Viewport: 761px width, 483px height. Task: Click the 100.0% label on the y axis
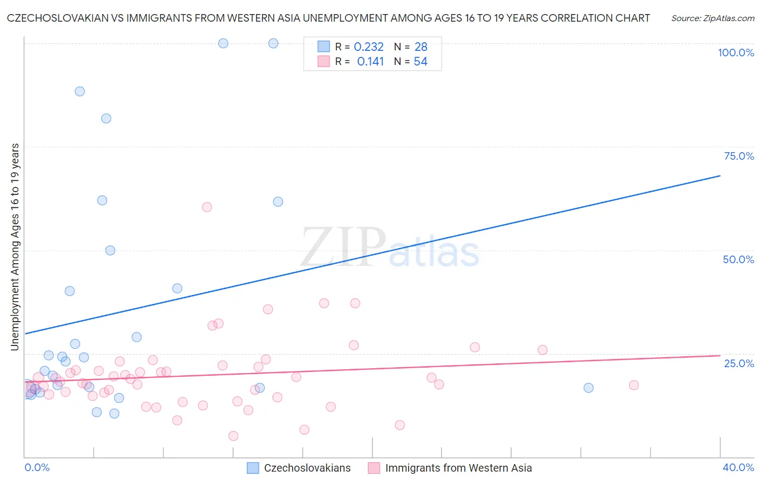point(736,53)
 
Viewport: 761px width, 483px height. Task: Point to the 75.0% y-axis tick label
point(739,156)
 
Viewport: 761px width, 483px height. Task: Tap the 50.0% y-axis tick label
point(738,259)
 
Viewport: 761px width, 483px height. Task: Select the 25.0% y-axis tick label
point(739,363)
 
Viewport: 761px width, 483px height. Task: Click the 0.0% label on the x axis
point(37,467)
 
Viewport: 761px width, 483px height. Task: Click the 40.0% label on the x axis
point(738,467)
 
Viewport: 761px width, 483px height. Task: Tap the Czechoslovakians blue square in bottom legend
point(253,468)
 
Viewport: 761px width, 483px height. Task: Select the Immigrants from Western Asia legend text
point(458,468)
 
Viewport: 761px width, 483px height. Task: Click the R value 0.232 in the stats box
point(369,47)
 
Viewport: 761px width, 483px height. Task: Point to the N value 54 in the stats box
point(421,62)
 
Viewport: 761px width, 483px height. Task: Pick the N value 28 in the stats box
point(421,47)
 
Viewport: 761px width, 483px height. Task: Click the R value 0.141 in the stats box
point(370,62)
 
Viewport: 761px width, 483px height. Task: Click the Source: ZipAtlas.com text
point(713,18)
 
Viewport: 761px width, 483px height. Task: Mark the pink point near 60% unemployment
point(207,207)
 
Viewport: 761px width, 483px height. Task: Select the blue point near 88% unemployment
point(80,92)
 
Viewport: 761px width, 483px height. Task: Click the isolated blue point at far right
point(588,388)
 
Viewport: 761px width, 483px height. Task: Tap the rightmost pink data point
point(634,385)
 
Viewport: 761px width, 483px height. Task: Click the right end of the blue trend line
point(720,176)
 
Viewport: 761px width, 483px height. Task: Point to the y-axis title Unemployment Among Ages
point(15,246)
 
